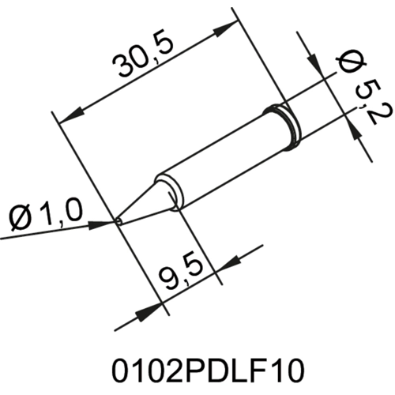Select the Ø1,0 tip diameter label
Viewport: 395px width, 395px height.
tap(46, 213)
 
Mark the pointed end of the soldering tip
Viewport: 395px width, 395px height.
tap(118, 222)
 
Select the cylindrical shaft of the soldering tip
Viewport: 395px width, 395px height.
tap(221, 154)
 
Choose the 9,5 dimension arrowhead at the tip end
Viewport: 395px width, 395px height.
tap(146, 312)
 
